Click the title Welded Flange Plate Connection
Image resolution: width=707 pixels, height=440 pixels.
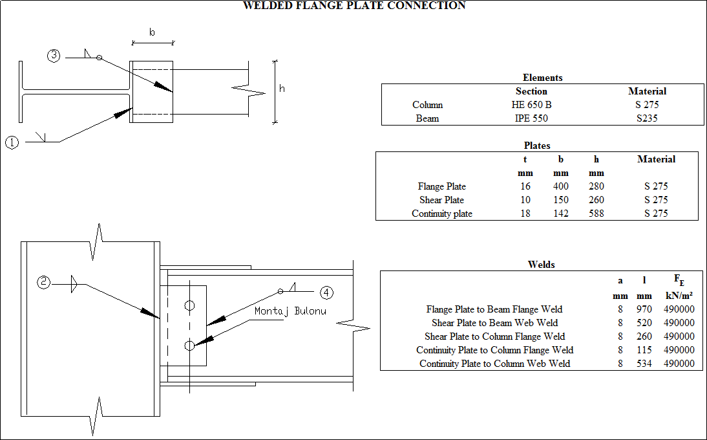353,6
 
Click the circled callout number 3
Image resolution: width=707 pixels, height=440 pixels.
54,56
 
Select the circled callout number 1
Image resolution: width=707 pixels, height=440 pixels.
12,142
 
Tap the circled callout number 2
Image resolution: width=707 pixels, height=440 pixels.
43,282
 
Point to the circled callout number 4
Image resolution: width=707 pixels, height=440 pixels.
327,293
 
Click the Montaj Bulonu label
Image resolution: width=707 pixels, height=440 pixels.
290,311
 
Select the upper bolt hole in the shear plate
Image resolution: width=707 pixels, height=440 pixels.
189,305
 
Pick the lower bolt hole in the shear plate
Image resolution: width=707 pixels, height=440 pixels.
189,346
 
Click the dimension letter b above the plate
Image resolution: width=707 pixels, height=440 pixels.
152,32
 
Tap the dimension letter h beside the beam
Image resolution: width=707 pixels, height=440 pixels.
282,89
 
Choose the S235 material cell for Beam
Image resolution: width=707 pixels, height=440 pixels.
647,118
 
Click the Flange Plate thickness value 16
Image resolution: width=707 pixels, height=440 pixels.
525,186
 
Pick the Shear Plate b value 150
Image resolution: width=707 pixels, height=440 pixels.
561,200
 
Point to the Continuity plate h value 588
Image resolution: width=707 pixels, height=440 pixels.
596,214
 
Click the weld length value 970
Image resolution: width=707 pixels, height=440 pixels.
644,309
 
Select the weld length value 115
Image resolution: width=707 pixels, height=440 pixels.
644,350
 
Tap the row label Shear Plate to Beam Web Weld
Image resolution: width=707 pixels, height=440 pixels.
494,323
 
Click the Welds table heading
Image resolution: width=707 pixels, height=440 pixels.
541,264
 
